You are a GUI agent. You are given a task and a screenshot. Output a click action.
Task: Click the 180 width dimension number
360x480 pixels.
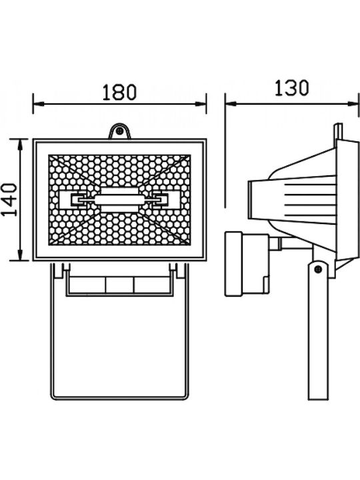(119, 92)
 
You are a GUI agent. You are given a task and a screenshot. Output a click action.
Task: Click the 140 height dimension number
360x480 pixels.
(10, 199)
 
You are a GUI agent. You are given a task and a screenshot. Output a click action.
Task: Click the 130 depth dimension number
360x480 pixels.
(291, 88)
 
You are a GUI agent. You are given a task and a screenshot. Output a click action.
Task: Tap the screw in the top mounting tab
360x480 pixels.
(120, 131)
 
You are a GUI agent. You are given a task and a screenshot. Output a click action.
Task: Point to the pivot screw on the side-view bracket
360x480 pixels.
(319, 269)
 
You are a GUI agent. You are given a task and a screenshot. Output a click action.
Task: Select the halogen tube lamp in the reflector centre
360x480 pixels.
(119, 200)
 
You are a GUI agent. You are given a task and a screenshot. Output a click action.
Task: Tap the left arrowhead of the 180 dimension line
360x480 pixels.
(38, 104)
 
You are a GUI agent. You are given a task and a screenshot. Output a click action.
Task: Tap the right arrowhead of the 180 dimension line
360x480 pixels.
(201, 104)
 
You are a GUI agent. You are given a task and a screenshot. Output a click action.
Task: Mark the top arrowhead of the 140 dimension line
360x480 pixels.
(20, 144)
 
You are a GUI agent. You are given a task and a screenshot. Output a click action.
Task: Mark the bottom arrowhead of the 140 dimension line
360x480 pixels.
(20, 255)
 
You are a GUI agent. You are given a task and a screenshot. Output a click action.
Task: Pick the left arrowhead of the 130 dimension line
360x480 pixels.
(231, 104)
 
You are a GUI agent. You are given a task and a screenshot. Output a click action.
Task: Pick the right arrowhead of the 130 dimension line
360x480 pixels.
(353, 104)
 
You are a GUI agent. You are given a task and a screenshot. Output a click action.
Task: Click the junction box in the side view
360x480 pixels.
(247, 264)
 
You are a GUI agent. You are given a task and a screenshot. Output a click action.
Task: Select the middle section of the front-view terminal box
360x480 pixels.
(119, 285)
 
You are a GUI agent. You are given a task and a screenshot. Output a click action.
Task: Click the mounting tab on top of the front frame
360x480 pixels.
(120, 131)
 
